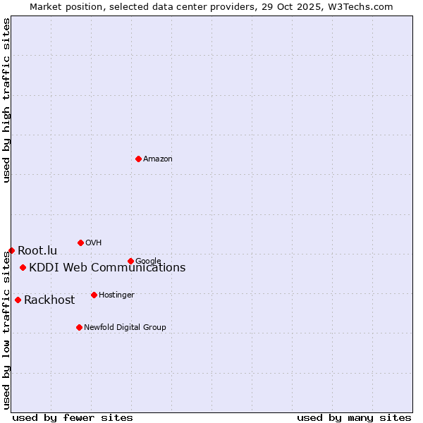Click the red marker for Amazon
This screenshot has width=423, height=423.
138,159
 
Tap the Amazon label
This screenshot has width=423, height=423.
158,159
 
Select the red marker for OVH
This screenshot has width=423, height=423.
80,243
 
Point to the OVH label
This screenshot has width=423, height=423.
94,243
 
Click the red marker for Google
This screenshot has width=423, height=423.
130,261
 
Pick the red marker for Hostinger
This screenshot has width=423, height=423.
94,295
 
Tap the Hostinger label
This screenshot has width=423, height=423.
116,295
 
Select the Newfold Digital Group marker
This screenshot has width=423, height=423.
79,327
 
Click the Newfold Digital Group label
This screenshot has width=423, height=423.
125,327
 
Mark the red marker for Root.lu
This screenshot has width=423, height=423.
11,250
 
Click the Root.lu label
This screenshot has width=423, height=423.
37,250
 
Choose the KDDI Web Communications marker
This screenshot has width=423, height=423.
23,267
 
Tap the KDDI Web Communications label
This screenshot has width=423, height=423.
107,268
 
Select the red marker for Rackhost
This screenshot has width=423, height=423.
18,300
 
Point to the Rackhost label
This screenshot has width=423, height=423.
49,300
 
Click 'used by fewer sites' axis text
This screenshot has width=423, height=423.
73,417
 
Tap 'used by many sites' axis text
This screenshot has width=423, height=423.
354,417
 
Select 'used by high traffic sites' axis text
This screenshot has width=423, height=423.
6,100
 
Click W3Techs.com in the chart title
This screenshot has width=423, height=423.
359,6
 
